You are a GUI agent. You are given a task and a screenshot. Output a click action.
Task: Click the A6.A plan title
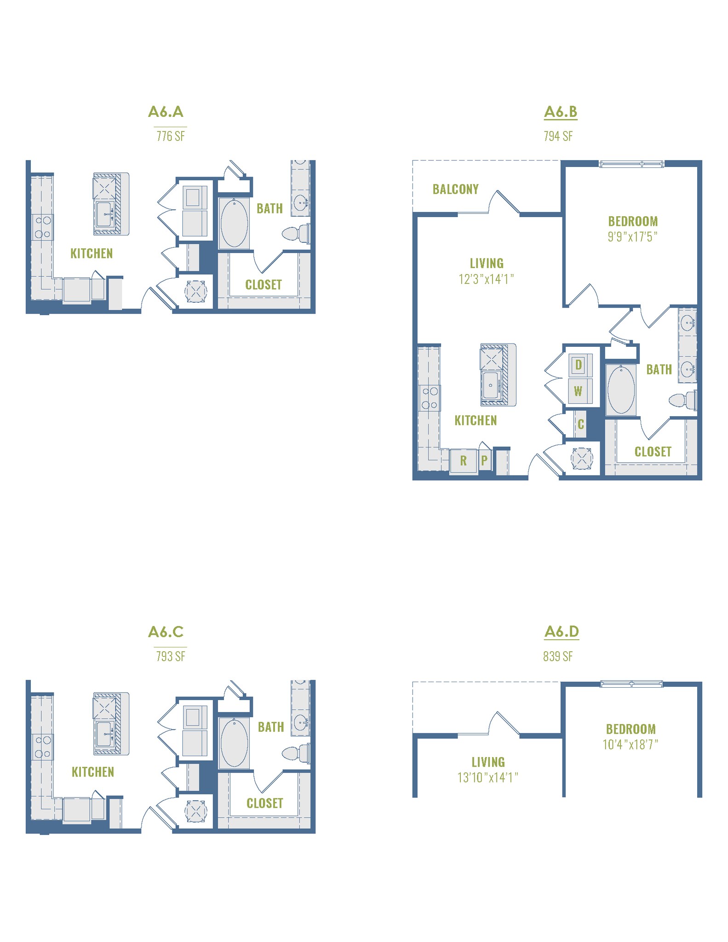(x=166, y=112)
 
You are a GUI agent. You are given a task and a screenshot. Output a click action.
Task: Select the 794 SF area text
(x=558, y=136)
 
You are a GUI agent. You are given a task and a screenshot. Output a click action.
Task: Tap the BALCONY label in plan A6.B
(x=455, y=189)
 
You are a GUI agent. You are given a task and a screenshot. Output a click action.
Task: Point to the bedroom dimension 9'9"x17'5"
(x=632, y=237)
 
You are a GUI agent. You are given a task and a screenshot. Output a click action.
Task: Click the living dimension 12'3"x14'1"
(x=486, y=279)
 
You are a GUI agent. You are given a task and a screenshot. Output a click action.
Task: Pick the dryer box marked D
(x=579, y=365)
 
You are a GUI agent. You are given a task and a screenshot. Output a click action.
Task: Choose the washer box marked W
(x=578, y=391)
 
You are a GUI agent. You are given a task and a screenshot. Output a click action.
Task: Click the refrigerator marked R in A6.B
(x=463, y=460)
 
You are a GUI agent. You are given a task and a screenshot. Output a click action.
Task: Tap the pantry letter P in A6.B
(x=484, y=460)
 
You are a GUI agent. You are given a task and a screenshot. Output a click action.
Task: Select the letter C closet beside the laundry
(x=580, y=424)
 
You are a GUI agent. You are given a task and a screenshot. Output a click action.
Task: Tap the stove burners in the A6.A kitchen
(x=43, y=227)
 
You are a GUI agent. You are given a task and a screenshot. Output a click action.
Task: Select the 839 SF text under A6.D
(x=558, y=656)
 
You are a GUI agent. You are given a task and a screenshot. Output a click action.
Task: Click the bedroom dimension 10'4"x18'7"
(x=630, y=744)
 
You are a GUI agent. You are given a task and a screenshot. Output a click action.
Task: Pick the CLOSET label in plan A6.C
(x=264, y=803)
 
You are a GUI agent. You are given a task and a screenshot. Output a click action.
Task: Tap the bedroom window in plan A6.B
(x=631, y=164)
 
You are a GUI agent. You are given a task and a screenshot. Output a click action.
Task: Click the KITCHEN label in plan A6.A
(x=92, y=253)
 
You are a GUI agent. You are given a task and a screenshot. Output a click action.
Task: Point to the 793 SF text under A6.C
(x=171, y=656)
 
